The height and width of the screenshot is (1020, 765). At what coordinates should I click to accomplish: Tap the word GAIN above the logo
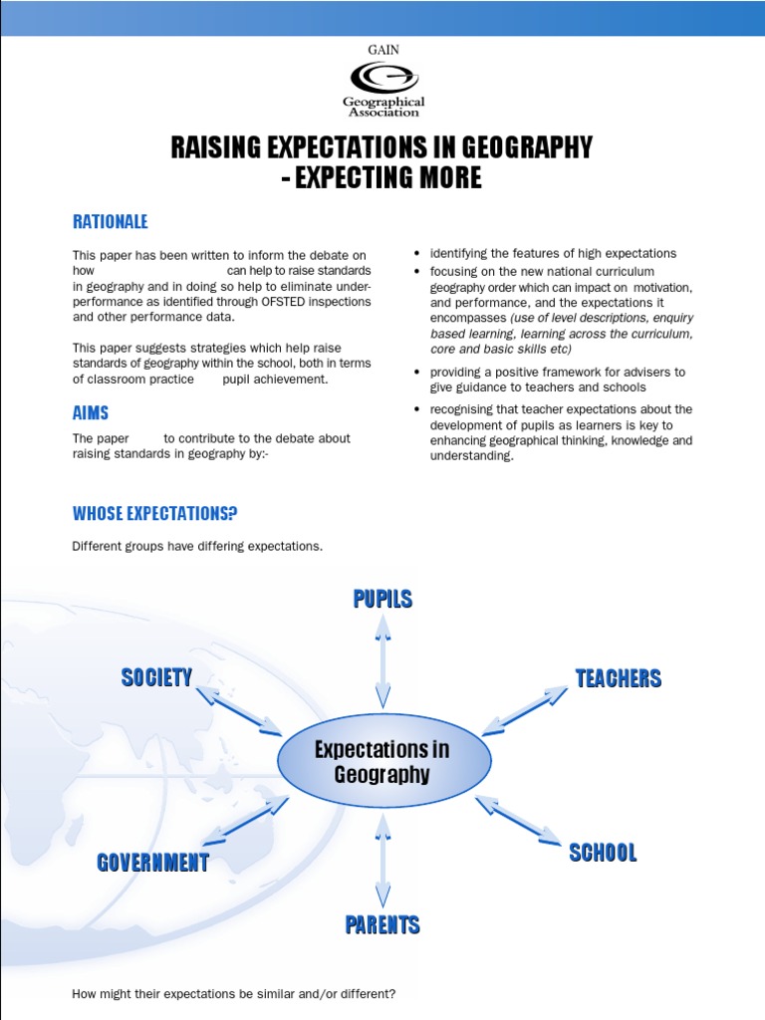(382, 49)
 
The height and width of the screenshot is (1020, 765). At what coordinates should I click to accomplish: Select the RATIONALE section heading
(110, 221)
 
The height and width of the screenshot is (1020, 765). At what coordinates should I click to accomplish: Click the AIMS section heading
(91, 412)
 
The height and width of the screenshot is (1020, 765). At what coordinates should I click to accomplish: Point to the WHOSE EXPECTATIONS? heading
(154, 514)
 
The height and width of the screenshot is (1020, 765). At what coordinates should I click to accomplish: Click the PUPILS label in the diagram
(382, 599)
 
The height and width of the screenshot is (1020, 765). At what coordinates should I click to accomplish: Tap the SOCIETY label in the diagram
(156, 678)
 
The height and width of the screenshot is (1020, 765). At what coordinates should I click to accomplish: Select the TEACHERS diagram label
(619, 678)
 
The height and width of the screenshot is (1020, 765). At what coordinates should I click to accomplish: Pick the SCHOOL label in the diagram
(603, 853)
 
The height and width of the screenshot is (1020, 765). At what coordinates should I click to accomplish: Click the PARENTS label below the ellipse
(382, 925)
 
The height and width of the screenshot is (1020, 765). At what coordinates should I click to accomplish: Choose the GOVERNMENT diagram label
(152, 863)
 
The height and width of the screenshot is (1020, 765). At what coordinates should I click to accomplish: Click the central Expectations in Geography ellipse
(382, 762)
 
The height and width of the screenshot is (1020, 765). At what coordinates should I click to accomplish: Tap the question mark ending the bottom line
(392, 994)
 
